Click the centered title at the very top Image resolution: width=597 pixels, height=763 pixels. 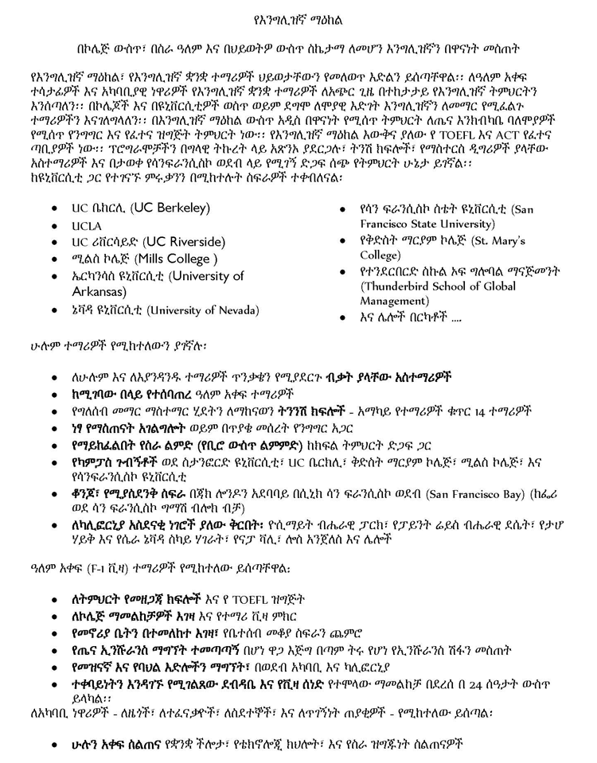coord(298,18)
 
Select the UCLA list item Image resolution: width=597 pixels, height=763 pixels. coord(87,226)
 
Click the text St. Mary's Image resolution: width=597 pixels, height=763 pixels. coord(497,240)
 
